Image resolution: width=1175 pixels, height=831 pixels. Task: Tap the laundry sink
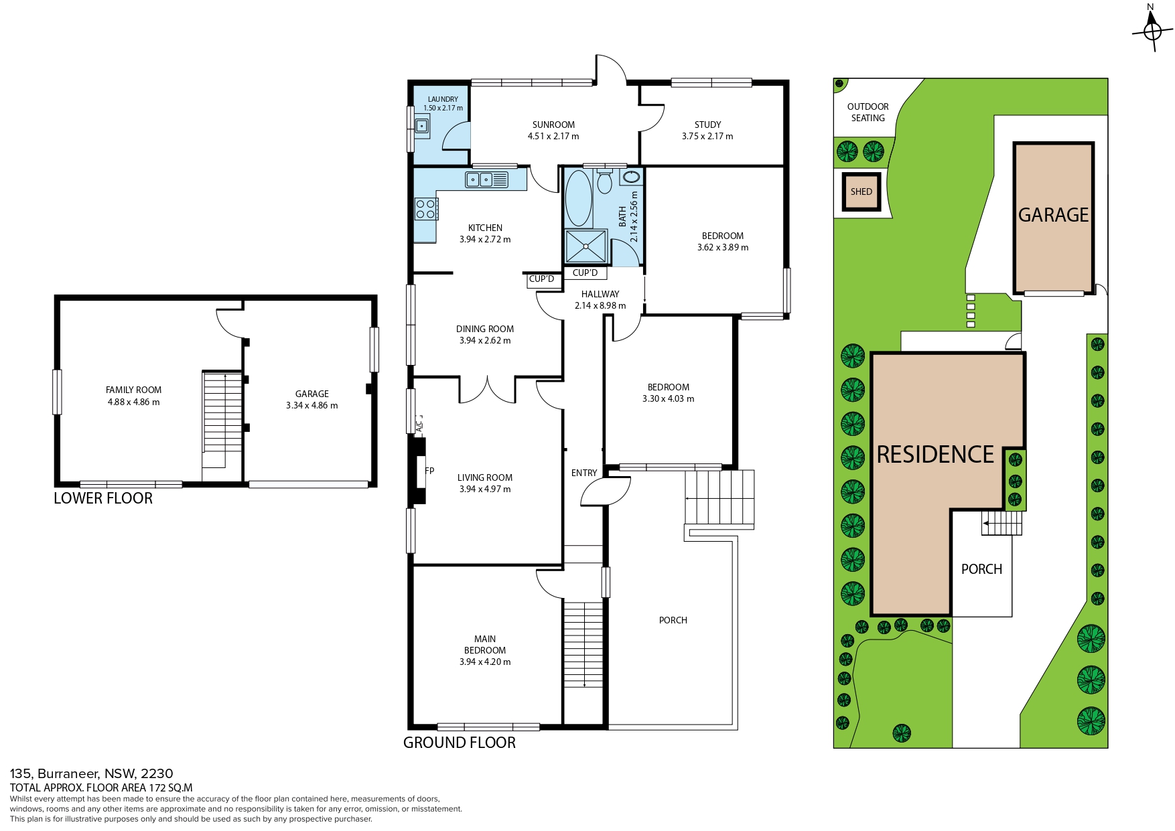click(422, 125)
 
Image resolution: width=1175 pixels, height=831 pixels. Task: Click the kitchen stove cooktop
click(426, 209)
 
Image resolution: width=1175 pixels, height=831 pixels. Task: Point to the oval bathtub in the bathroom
click(579, 198)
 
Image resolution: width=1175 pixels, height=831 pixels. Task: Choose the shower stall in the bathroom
click(587, 246)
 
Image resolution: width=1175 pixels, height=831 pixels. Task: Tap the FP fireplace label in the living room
click(429, 471)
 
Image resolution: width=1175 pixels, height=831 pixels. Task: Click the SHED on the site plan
click(861, 192)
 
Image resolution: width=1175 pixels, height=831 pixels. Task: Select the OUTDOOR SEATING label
click(868, 112)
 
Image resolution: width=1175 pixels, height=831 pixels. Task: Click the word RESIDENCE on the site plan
click(936, 455)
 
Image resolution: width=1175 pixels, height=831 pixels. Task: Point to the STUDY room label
click(708, 125)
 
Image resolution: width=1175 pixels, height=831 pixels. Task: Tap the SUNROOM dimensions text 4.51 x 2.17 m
click(553, 136)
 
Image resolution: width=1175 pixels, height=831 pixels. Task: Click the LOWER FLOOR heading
click(103, 498)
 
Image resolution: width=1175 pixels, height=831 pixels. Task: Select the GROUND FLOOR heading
click(460, 743)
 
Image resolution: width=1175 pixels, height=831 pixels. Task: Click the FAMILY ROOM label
click(134, 390)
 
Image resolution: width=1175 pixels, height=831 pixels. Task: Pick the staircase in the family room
click(222, 420)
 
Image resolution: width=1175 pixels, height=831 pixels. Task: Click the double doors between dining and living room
click(487, 390)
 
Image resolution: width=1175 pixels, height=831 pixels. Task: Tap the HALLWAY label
click(600, 294)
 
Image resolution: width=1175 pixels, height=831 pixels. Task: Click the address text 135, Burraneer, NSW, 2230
click(91, 773)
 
